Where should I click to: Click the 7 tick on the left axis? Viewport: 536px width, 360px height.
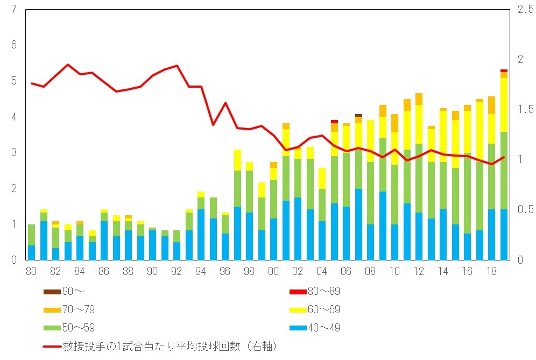pos(13,9)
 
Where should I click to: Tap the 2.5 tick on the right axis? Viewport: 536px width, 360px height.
pos(524,9)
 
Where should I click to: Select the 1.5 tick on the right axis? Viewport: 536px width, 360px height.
pos(524,109)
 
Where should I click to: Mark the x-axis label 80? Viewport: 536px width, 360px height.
pos(31,271)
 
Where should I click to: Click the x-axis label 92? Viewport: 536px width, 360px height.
pos(177,271)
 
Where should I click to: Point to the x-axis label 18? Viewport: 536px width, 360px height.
pos(492,271)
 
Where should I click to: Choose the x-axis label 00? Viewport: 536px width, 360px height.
pos(274,271)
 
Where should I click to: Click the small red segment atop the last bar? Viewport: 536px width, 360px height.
pos(504,70)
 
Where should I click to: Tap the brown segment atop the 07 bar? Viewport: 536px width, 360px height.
pos(358,115)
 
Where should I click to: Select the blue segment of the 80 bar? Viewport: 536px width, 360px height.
pos(31,252)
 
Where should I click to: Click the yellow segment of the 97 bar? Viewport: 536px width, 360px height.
pos(237,160)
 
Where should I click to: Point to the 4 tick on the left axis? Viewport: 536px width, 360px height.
pos(13,117)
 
